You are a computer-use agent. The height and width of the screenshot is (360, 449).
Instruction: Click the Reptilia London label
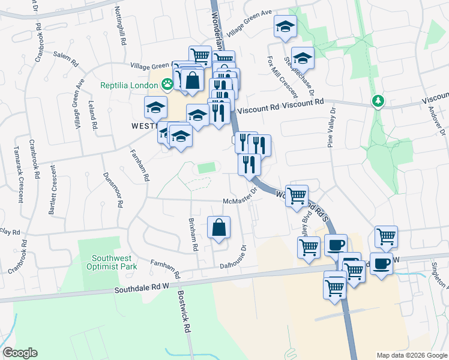point(128,85)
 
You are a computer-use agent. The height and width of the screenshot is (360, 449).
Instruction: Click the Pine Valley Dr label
point(331,127)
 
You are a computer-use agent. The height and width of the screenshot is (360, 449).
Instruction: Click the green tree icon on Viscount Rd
point(378,100)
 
